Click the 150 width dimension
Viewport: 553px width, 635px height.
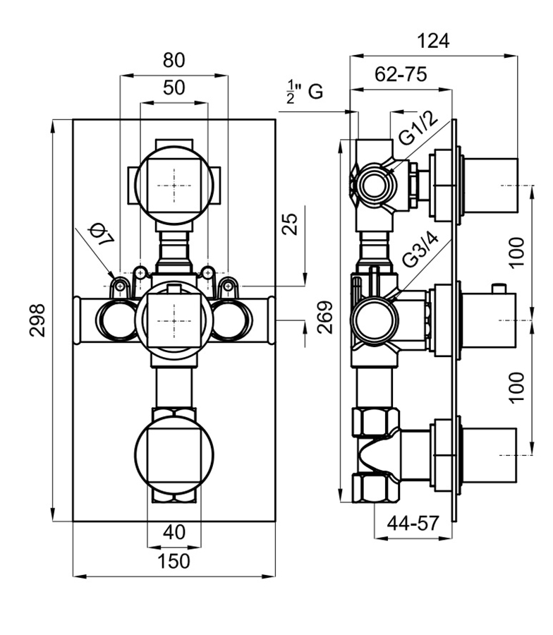click(x=174, y=561)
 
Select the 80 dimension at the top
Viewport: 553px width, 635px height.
click(x=174, y=60)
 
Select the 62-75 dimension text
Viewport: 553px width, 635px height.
click(x=401, y=74)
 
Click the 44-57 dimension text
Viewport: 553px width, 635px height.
click(x=413, y=523)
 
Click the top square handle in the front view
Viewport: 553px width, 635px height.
click(x=174, y=185)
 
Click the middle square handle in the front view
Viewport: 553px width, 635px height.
click(x=174, y=319)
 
